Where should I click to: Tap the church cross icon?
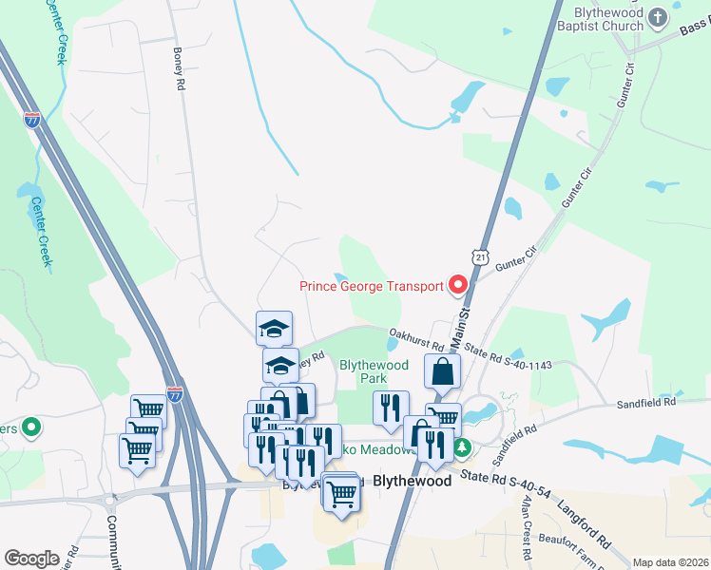click(657, 16)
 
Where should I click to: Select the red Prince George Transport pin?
click(458, 284)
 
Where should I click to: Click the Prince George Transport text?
click(371, 286)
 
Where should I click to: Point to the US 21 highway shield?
click(483, 256)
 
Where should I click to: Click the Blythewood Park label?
click(375, 371)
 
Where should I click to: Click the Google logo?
click(30, 558)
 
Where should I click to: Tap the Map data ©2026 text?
click(670, 562)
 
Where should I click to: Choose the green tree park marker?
click(463, 446)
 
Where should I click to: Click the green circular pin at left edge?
click(30, 428)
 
